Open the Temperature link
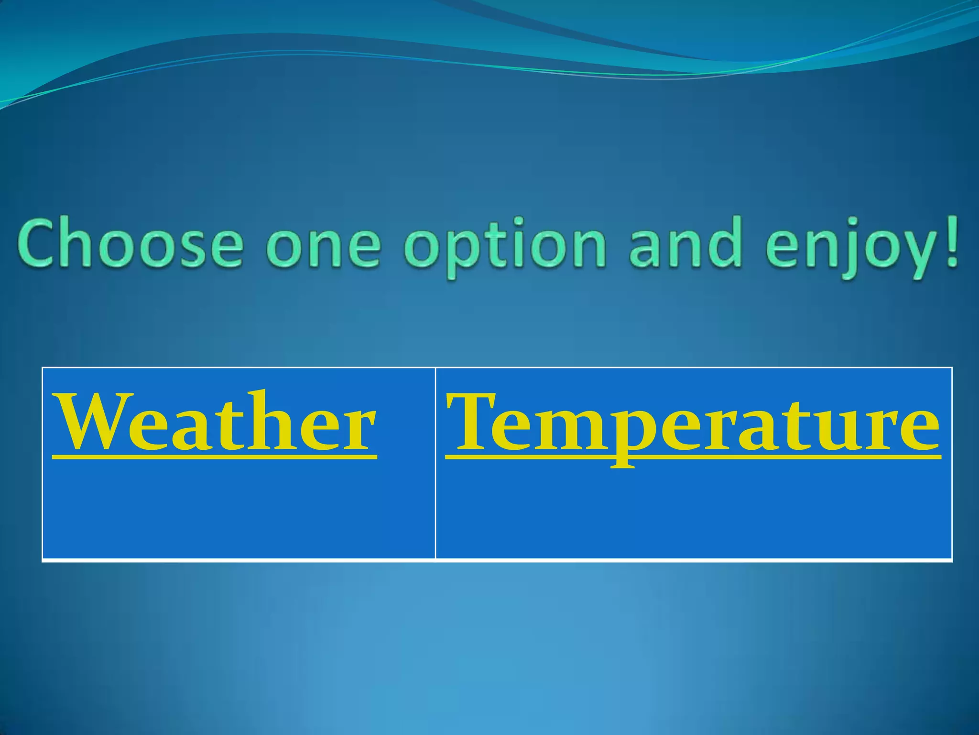[693, 423]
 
